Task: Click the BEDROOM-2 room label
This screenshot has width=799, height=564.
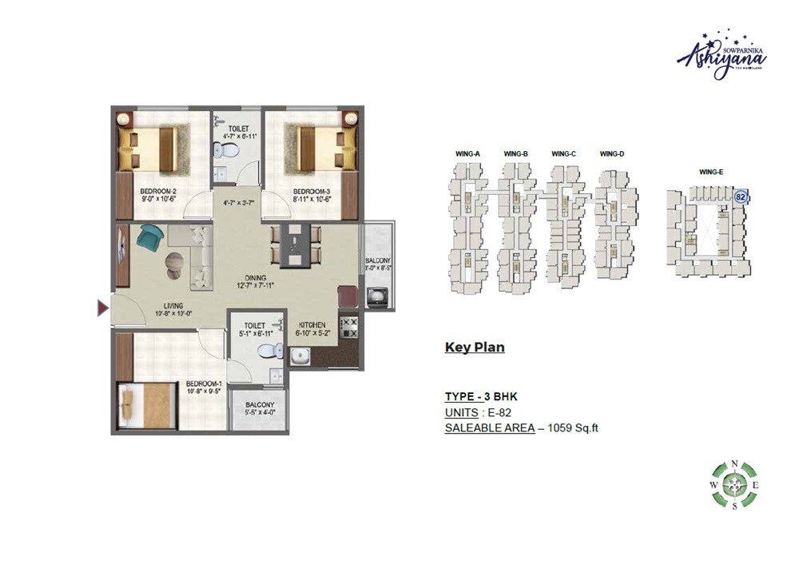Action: point(157,191)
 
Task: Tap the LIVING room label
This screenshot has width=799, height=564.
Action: point(173,305)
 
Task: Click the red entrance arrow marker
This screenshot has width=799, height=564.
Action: point(102,308)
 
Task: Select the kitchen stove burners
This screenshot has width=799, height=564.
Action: point(349,325)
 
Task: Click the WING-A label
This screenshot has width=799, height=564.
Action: point(468,153)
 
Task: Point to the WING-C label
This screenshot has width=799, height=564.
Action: point(563,153)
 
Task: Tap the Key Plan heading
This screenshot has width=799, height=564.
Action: point(475,348)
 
